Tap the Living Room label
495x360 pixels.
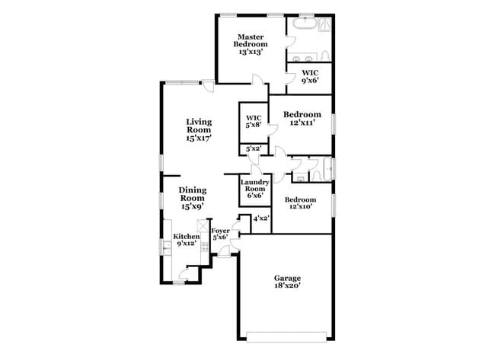pos(199,129)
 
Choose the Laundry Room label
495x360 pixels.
pos(252,187)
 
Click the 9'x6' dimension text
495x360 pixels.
pos(309,80)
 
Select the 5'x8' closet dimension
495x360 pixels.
pos(254,125)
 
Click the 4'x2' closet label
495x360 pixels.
pos(261,218)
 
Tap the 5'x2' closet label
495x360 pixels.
pos(254,149)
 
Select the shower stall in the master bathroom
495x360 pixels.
pos(324,24)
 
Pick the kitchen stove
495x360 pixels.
pos(205,247)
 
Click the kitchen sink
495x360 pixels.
pos(166,248)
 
